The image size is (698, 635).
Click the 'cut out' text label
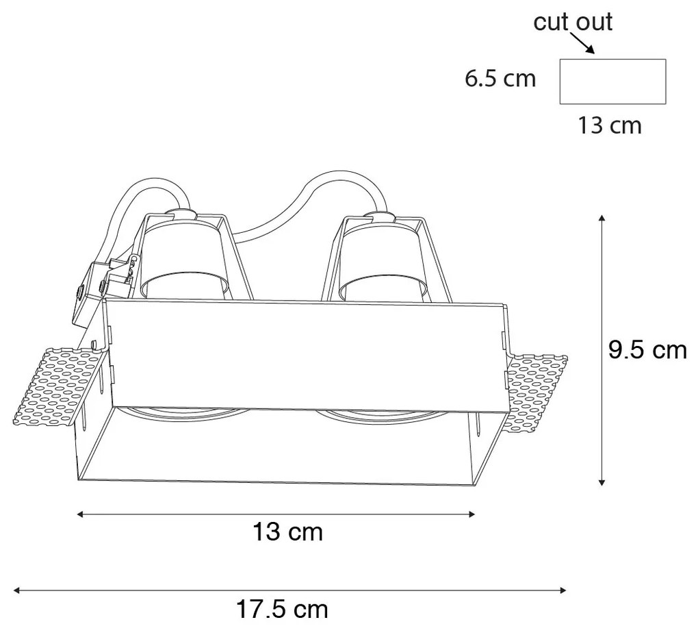(573, 22)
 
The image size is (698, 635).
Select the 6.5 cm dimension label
(500, 79)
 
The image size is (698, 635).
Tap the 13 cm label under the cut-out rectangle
(610, 125)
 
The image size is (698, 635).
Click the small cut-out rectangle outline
(612, 82)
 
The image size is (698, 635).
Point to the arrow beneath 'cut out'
(582, 45)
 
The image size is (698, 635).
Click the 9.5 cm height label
(647, 350)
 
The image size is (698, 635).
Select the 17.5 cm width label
(282, 608)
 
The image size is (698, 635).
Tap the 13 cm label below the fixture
(287, 531)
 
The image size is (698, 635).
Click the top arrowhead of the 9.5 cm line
(602, 218)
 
